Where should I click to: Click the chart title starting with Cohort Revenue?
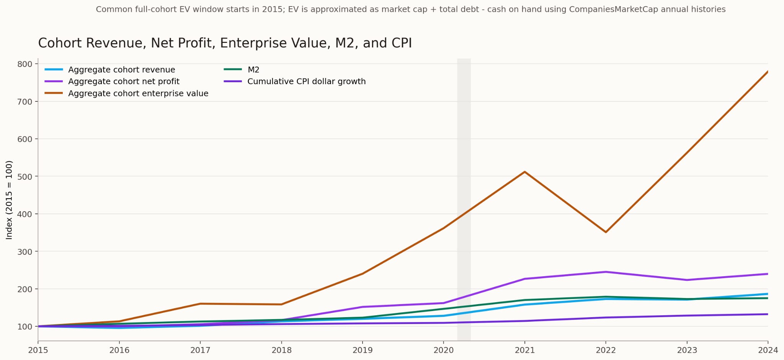pos(225,43)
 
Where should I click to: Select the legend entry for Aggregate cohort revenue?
pos(121,70)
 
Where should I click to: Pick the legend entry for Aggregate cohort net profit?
pos(124,81)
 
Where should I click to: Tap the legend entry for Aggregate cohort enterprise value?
pos(138,93)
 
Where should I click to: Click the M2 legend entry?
pos(253,70)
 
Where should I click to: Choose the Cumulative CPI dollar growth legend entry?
pos(306,81)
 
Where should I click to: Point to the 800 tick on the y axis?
pos(24,64)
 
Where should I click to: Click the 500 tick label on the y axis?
pos(24,176)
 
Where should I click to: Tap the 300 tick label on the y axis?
pos(24,251)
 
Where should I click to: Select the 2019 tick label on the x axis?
pos(363,350)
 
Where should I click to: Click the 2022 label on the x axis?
pos(606,350)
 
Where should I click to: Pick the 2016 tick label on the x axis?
pos(119,350)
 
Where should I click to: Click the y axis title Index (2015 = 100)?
pos(10,200)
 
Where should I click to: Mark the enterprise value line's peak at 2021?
pos(524,172)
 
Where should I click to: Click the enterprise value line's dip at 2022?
pos(606,232)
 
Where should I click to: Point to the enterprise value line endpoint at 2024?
pos(768,72)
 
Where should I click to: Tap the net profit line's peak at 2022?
pos(606,272)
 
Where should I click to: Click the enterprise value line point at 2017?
pos(200,304)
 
